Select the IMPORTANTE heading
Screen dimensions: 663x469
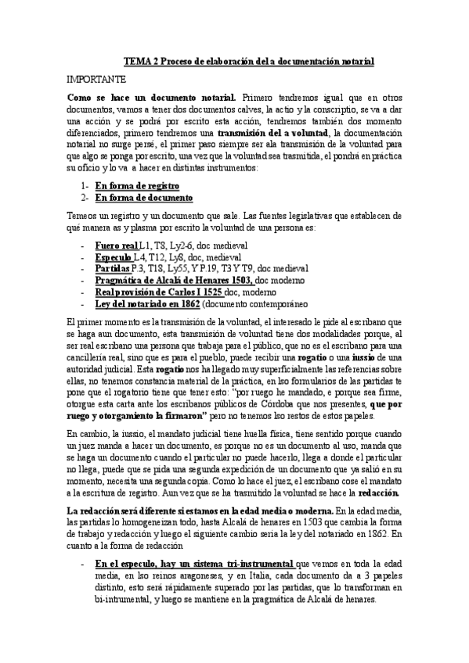(96, 80)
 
